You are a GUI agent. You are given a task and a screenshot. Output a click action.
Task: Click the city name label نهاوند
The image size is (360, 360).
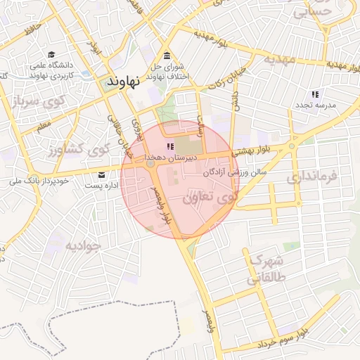(x=123, y=82)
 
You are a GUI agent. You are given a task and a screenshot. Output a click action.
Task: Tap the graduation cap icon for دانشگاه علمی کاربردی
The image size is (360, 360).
(x=52, y=54)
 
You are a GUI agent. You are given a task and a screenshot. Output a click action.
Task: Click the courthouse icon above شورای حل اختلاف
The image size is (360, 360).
(x=166, y=56)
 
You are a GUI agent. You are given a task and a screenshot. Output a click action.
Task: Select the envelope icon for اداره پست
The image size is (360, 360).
(x=103, y=175)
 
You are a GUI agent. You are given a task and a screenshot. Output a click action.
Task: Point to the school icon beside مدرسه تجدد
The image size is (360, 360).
(x=316, y=94)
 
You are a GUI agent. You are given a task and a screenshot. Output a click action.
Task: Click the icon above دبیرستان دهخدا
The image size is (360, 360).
(x=169, y=146)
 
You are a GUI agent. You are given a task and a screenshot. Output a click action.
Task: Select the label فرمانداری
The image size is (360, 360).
(x=314, y=178)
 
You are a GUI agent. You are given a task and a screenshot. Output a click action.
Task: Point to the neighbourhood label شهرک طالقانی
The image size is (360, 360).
(x=262, y=269)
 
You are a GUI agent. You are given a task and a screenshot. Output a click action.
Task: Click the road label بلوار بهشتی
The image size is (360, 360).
(x=256, y=150)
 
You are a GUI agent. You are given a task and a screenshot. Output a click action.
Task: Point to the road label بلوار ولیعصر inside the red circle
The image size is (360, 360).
(x=158, y=203)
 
